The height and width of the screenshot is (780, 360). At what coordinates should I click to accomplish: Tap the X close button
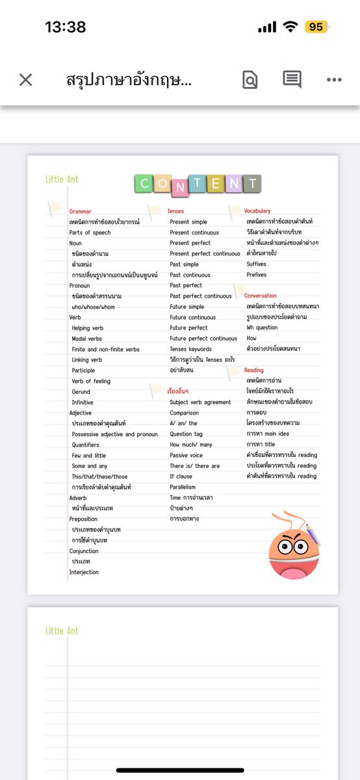[25, 80]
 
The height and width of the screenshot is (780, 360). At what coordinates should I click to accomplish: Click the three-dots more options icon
[334, 80]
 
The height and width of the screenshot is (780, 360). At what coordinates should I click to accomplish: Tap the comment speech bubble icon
[292, 79]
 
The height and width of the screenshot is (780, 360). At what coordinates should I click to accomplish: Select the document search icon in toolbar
[250, 80]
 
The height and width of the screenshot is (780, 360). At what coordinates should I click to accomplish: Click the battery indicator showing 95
[316, 27]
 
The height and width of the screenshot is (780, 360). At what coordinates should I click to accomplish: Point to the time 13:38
[65, 27]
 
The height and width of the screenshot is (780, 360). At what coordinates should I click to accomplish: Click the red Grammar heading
[81, 211]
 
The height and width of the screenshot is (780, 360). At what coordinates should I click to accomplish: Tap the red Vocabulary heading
[257, 211]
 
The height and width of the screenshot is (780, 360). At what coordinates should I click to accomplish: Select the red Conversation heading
[260, 296]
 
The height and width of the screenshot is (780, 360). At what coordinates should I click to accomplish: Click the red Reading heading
[254, 370]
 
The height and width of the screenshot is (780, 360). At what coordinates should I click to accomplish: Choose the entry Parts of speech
[90, 233]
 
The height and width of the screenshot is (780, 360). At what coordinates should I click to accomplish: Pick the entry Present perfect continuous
[205, 253]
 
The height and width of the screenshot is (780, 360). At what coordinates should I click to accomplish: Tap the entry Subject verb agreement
[200, 402]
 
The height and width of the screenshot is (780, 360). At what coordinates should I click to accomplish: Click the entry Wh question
[262, 328]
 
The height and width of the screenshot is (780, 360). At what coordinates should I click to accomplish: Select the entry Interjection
[84, 572]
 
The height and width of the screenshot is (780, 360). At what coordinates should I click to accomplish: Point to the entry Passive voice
[186, 455]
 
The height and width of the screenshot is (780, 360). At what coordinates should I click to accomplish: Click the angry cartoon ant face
[294, 545]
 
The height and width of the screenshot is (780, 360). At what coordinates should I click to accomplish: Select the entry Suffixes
[256, 265]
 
